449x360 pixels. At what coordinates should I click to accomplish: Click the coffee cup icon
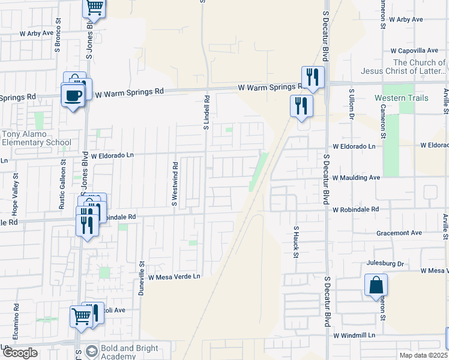click(x=73, y=96)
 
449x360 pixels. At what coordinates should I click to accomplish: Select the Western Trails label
click(x=402, y=98)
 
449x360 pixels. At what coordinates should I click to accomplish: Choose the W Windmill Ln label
click(x=354, y=335)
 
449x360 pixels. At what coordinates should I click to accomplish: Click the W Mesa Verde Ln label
click(x=174, y=277)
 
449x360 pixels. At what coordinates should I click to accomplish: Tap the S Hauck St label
click(x=296, y=242)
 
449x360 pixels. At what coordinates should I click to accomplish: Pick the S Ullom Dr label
click(x=352, y=104)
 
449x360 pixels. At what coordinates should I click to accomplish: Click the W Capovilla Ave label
click(x=414, y=51)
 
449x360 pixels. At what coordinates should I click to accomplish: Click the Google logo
click(x=20, y=353)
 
